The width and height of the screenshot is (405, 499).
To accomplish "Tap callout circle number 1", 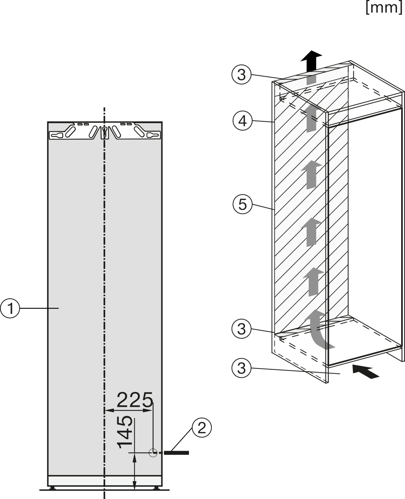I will pos(10,309).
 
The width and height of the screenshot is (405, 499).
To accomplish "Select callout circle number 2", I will pos(201,428).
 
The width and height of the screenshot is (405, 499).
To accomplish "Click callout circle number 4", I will pos(242,121).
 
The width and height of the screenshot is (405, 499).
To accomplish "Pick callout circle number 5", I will pos(242,204).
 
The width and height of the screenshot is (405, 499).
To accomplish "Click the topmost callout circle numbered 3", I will pos(241,75).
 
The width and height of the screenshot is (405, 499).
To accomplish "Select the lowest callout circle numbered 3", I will pos(241,368).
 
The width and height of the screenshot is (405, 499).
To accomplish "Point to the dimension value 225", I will pos(135,400).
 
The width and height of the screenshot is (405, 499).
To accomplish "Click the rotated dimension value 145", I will pos(125,432).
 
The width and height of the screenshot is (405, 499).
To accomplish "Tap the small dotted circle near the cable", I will pos(153,453).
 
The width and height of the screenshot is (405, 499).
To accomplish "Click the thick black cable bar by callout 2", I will pos(176,453).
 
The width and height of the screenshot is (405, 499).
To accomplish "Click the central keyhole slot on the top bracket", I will pos(104,132).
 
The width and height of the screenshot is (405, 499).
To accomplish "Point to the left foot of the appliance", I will pos(52,488).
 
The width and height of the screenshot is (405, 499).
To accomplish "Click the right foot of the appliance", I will pos(156,488).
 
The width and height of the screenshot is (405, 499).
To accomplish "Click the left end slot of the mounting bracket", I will pos(56,135).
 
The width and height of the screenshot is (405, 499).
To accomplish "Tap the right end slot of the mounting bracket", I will pos(153,135).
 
